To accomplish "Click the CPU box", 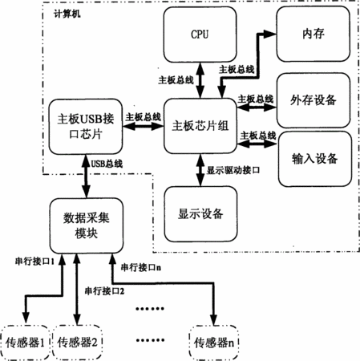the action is click(200, 34).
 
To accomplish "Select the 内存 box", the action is click(313, 34).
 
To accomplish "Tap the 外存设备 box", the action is click(313, 100).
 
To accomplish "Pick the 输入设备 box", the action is click(315, 159).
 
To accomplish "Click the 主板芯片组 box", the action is click(200, 126).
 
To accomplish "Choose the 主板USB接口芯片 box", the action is click(86, 127).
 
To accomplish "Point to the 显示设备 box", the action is click(200, 214).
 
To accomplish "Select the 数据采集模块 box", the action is click(87, 225).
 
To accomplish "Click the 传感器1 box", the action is click(25, 343).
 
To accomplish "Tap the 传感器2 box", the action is click(77, 343).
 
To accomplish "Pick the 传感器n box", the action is click(213, 343).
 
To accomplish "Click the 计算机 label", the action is click(67, 14).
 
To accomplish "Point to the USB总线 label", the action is click(107, 164).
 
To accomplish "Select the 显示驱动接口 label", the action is click(233, 170).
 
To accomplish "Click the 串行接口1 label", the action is click(34, 262).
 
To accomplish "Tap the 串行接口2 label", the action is click(104, 291).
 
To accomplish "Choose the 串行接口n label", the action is click(141, 267).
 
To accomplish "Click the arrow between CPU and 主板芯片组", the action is click(200, 80).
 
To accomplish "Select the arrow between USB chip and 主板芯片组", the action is click(143, 126).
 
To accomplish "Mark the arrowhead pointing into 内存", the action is click(270, 34).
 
